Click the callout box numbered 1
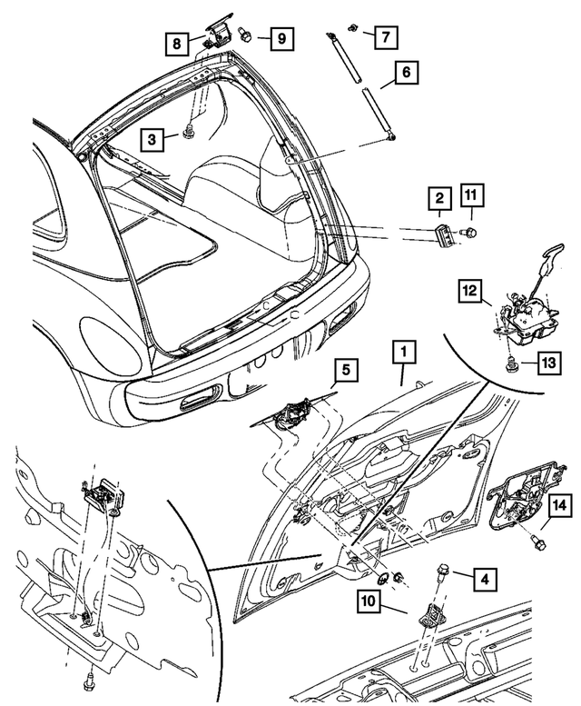(x=404, y=350)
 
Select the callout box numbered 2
(x=438, y=198)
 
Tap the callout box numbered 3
(x=153, y=138)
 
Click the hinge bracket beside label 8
(x=218, y=37)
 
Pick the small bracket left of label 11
(x=443, y=233)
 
